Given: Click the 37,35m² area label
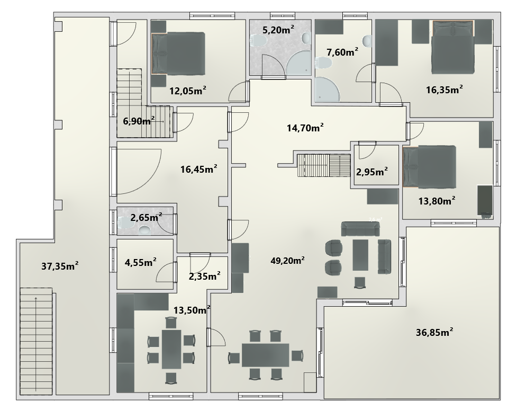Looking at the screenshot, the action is pyautogui.click(x=60, y=266).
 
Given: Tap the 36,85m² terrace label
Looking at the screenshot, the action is pyautogui.click(x=434, y=332).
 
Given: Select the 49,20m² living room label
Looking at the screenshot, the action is pyautogui.click(x=287, y=260).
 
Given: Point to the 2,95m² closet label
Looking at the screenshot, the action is pyautogui.click(x=372, y=172).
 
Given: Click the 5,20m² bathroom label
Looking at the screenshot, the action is pyautogui.click(x=278, y=30).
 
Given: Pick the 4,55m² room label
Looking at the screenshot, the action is pyautogui.click(x=140, y=263).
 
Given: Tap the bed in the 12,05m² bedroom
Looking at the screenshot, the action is pyautogui.click(x=178, y=53).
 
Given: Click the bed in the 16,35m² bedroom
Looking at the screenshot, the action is pyautogui.click(x=453, y=47).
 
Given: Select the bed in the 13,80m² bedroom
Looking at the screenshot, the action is pyautogui.click(x=430, y=167).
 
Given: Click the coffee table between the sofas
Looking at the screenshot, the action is pyautogui.click(x=360, y=255).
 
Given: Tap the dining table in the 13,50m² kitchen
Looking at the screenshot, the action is pyautogui.click(x=171, y=349).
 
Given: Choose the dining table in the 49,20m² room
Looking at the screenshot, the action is pyautogui.click(x=266, y=355).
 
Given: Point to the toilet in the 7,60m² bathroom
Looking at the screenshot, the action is pyautogui.click(x=324, y=63).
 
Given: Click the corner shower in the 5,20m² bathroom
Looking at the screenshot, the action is pyautogui.click(x=298, y=63).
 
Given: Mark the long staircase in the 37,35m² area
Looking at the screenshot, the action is pyautogui.click(x=36, y=341).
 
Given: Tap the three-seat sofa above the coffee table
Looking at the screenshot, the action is pyautogui.click(x=360, y=229).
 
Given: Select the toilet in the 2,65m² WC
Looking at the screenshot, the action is pyautogui.click(x=125, y=222).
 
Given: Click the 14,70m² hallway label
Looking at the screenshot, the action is pyautogui.click(x=305, y=128).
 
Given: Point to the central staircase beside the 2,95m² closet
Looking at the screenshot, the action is pyautogui.click(x=323, y=165).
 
